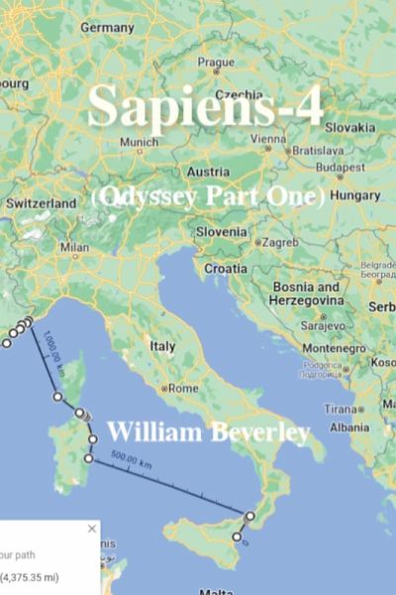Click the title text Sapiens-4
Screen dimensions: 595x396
(x=205, y=106)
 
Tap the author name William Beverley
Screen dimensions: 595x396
(x=208, y=432)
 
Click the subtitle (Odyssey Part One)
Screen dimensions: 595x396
(x=208, y=197)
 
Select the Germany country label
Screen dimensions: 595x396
(x=106, y=28)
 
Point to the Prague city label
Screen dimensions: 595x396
(x=216, y=61)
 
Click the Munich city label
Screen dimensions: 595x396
(x=138, y=142)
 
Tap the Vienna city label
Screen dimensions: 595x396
(x=267, y=139)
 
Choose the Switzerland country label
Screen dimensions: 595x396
(x=41, y=203)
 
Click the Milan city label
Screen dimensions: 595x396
(x=74, y=248)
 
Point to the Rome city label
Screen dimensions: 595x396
(x=185, y=388)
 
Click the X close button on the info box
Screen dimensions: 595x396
(x=92, y=529)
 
